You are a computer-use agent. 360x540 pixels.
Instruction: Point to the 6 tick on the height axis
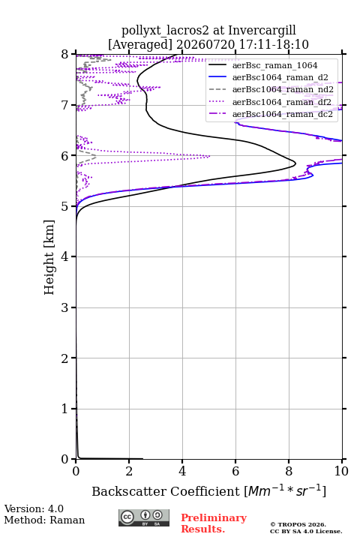pyautogui.click(x=73, y=155)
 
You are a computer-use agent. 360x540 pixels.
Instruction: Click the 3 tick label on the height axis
pyautogui.click(x=64, y=307)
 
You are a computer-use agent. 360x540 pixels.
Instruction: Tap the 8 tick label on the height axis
pyautogui.click(x=64, y=55)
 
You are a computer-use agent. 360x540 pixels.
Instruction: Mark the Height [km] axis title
pyautogui.click(x=49, y=257)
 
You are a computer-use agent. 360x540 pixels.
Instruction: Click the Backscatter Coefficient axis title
pyautogui.click(x=208, y=490)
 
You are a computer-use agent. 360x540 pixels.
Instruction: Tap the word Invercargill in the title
pyautogui.click(x=262, y=31)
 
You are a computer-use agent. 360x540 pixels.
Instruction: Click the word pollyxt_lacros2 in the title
pyautogui.click(x=165, y=31)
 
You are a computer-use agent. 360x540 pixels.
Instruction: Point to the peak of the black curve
pyautogui.click(x=295, y=163)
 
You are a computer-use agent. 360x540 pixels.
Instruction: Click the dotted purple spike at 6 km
pyautogui.click(x=210, y=156)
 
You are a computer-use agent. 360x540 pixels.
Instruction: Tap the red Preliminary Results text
pyautogui.click(x=214, y=523)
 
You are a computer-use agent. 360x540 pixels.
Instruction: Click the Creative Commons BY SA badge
pyautogui.click(x=144, y=518)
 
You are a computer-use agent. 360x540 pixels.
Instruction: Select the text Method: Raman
pyautogui.click(x=44, y=520)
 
